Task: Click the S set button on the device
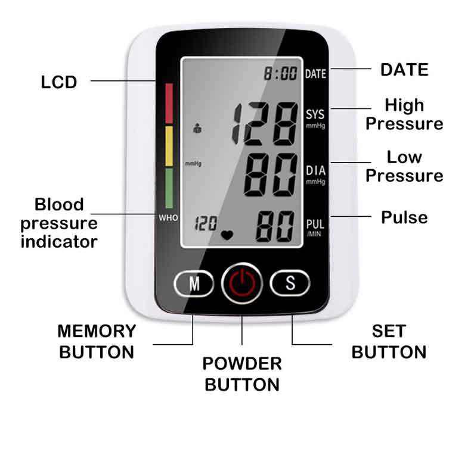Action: click(290, 283)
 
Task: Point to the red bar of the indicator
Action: click(169, 102)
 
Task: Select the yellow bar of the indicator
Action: click(169, 146)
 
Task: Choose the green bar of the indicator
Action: click(169, 188)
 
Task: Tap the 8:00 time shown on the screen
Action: click(281, 74)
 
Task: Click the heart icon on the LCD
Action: click(227, 234)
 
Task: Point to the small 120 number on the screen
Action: click(206, 224)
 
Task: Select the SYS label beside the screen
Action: click(315, 114)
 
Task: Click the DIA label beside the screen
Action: click(315, 172)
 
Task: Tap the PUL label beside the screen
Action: click(315, 225)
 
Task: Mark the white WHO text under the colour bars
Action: click(168, 218)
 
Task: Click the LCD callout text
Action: click(59, 82)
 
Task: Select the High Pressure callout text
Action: click(404, 114)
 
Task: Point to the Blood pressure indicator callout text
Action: click(59, 223)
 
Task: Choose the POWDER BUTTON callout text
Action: click(242, 373)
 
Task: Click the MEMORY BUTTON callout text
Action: click(97, 341)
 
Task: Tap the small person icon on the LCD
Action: click(197, 127)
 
